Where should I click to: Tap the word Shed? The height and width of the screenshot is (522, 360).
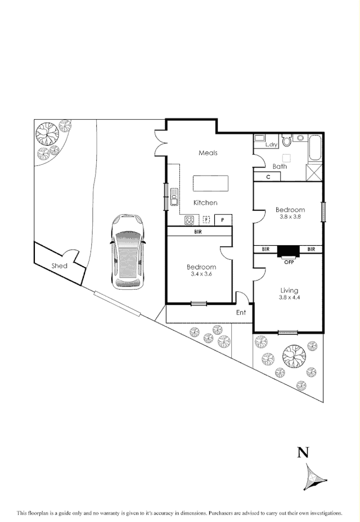(60, 265)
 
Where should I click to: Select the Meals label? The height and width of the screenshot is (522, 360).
(208, 153)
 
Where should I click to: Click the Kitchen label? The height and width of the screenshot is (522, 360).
(205, 202)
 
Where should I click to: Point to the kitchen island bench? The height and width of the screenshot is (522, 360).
(211, 183)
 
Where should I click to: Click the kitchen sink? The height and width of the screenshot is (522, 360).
(174, 197)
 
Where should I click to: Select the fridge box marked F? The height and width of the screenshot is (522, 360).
(206, 220)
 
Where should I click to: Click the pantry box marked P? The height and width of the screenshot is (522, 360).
(223, 220)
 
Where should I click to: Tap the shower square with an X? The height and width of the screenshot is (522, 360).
(314, 172)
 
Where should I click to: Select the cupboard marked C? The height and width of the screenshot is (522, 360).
(268, 177)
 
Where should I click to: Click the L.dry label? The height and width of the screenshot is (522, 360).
(271, 145)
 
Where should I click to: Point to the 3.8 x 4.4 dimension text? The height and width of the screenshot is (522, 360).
(289, 298)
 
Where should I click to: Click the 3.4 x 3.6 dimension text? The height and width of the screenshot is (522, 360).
(201, 274)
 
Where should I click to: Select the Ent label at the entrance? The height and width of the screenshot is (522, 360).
(241, 313)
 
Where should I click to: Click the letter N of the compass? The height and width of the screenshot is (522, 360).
(304, 452)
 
